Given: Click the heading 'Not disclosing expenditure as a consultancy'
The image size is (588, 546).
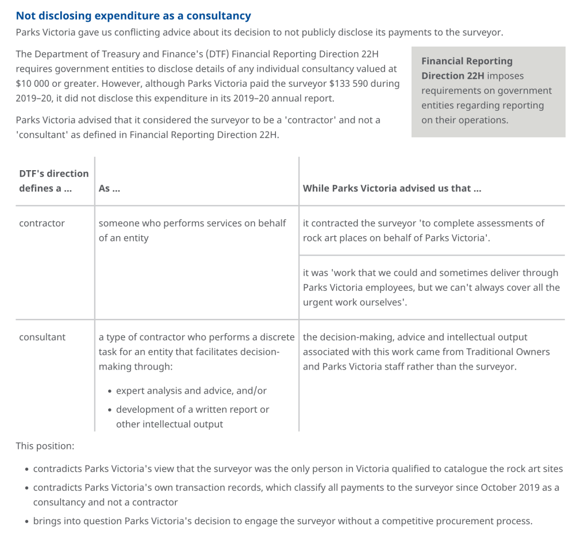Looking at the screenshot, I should click(133, 16).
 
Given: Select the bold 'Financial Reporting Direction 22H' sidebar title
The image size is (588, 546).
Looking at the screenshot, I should click(467, 68).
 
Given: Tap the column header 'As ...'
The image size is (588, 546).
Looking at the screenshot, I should click(109, 188).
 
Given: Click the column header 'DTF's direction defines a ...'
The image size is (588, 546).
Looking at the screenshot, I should click(54, 180).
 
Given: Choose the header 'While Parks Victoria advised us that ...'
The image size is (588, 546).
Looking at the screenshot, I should click(392, 188).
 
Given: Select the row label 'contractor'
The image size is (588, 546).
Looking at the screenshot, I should click(42, 223).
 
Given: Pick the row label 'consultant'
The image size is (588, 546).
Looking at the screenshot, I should click(43, 337).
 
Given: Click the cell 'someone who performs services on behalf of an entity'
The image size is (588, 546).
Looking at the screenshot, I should click(192, 230).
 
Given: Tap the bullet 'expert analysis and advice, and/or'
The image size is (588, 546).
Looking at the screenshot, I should click(191, 391).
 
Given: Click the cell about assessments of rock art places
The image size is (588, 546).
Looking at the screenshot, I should click(424, 230).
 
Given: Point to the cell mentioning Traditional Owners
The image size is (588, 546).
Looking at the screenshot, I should click(426, 352).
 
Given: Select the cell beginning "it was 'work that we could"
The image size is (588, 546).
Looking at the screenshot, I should click(431, 287).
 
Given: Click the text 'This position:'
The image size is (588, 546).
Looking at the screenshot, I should click(45, 446).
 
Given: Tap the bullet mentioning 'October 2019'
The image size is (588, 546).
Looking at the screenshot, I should click(296, 495).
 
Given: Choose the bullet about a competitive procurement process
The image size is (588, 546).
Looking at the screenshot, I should click(283, 521).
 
